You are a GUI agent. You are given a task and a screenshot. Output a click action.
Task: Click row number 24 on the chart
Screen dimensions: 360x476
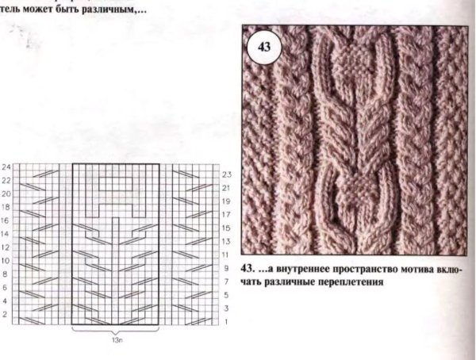[6, 167]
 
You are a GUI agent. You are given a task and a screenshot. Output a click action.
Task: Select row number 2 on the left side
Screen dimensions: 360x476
[6, 315]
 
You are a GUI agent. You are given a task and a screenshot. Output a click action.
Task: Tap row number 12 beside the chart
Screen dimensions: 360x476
[6, 247]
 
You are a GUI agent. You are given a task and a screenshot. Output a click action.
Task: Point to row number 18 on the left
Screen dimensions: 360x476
[6, 207]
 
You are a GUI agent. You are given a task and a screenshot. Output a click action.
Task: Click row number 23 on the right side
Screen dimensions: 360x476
[226, 174]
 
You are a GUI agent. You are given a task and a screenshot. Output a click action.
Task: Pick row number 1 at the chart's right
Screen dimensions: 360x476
[226, 321]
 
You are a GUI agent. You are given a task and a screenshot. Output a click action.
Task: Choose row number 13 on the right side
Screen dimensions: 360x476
[226, 241]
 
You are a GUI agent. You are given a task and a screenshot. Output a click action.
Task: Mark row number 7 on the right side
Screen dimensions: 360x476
[226, 281]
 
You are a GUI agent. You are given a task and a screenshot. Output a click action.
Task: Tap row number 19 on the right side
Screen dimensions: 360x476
[226, 201]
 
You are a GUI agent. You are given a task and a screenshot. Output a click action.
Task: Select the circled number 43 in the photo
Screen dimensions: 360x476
[265, 47]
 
